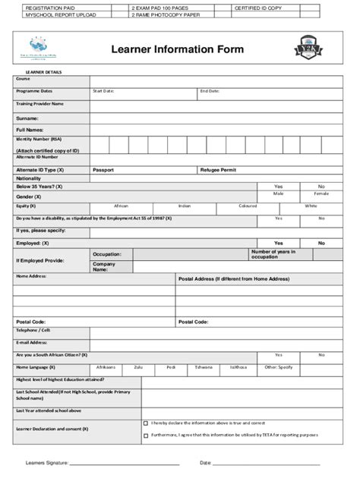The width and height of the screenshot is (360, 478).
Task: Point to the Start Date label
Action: click(x=103, y=91)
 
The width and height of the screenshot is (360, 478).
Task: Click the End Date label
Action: click(x=210, y=91)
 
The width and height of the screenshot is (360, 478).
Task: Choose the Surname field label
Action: click(x=27, y=118)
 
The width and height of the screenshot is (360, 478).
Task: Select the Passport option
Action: click(x=103, y=170)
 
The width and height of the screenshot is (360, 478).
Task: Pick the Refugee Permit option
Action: click(x=218, y=170)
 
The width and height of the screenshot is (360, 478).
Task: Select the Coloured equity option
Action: click(x=248, y=206)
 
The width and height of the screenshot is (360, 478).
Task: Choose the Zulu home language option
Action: click(x=137, y=366)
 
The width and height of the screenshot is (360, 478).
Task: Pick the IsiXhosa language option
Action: click(x=238, y=366)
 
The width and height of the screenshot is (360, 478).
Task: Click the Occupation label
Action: click(x=107, y=254)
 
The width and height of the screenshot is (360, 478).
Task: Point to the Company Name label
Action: click(x=104, y=266)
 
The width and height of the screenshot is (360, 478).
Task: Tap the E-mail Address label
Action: click(x=32, y=342)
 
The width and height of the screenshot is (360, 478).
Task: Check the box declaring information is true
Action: click(x=146, y=423)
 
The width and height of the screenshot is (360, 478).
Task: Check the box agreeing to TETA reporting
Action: click(x=146, y=436)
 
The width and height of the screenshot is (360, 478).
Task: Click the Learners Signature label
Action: click(x=46, y=462)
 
